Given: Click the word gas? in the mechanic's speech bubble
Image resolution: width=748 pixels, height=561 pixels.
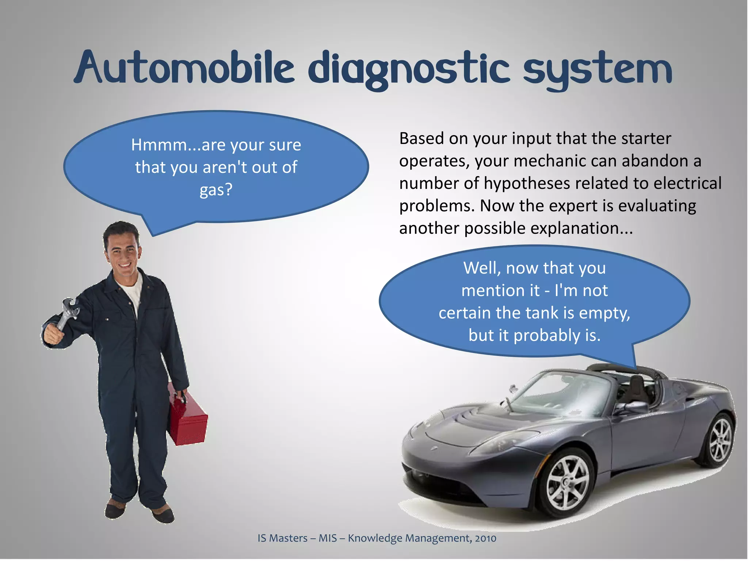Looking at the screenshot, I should [216, 190].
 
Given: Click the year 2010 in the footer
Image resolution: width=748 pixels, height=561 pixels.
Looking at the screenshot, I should [485, 538].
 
